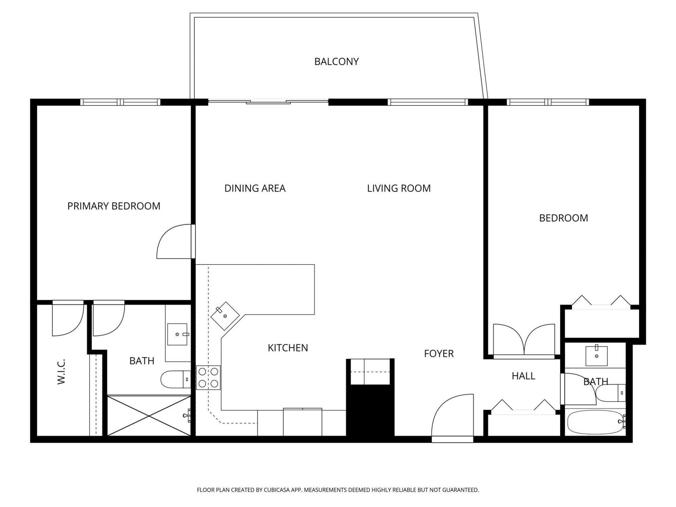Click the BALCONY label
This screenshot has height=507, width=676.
336,62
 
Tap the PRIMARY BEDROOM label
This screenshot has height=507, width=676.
114,206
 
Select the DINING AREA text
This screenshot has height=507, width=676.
255,188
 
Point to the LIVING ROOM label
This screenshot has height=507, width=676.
399,188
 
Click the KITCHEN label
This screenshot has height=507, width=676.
288,348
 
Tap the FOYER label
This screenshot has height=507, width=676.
439,353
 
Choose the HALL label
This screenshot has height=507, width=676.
523,376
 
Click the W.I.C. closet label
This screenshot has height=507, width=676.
61,371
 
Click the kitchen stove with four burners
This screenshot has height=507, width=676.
208,377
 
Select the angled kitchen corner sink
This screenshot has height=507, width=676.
225,315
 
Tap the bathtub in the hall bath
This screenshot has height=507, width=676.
595,422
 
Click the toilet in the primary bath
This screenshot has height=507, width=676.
175,379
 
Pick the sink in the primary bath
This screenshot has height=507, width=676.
177,334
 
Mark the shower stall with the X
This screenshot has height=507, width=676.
149,416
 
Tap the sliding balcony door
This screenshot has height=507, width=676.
268,102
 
